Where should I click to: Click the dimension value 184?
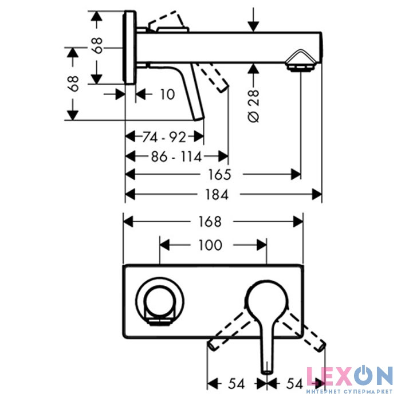(217, 195)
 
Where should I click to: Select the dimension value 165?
(219, 175)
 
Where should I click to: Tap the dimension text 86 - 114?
(176, 156)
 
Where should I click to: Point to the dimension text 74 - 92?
(164, 137)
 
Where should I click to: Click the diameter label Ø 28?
(254, 105)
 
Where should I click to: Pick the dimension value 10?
(167, 95)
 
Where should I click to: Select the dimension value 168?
(210, 222)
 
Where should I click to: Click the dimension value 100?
(210, 245)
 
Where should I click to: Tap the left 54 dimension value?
(237, 383)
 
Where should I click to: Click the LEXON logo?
(349, 376)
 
